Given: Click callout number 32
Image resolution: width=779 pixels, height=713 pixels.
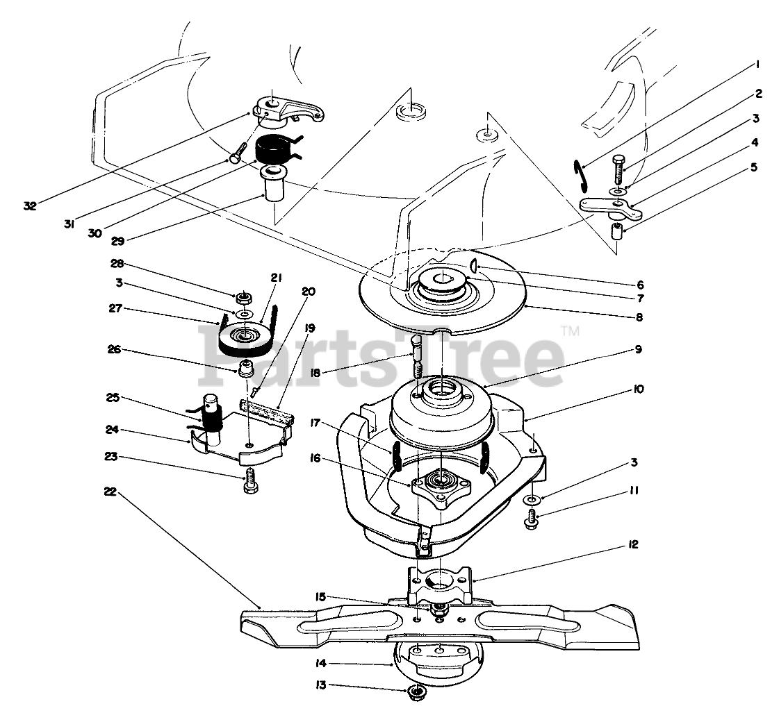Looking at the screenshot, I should pyautogui.click(x=29, y=205).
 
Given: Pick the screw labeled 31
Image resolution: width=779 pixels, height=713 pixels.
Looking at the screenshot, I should pyautogui.click(x=238, y=153).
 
